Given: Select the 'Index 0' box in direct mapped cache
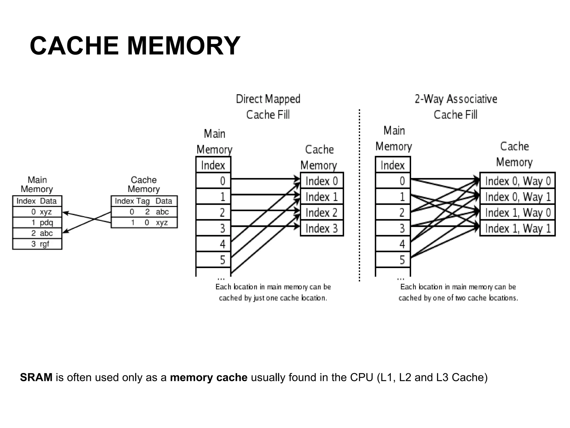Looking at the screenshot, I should click(x=322, y=181).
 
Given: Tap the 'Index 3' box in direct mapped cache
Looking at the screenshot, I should click(x=322, y=228).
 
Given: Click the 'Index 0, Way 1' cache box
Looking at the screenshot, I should click(x=518, y=197).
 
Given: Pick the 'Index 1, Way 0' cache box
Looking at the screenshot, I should click(x=518, y=213).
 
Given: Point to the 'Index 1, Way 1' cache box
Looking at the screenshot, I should click(x=518, y=228).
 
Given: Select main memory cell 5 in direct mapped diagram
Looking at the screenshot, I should click(x=213, y=260).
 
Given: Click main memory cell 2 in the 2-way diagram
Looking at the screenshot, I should click(x=393, y=213).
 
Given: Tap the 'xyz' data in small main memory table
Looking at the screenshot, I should click(x=46, y=212).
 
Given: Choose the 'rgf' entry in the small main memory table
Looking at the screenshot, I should click(x=44, y=244).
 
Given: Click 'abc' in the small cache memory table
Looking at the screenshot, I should click(x=162, y=212).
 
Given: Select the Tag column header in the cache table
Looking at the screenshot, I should click(x=143, y=201).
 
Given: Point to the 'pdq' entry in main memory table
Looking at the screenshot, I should click(x=46, y=222).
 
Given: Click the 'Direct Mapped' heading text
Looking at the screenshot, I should click(x=268, y=99).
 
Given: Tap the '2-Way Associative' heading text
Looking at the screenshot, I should click(x=456, y=99).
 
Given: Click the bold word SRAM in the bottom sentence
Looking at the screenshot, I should click(x=36, y=377).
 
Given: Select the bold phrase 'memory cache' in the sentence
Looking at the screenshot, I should click(x=208, y=377).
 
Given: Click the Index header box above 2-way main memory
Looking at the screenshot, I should click(x=393, y=165).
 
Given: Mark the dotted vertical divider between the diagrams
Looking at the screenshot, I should click(x=360, y=195).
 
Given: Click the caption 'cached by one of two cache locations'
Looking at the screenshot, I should click(x=458, y=298).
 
